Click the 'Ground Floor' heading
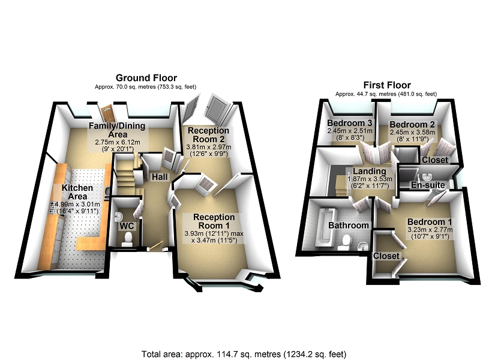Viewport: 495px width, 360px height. [x=146, y=78]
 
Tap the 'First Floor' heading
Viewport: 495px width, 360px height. [x=386, y=85]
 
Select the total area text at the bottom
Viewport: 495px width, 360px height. [x=244, y=354]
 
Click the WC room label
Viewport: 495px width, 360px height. [x=127, y=226]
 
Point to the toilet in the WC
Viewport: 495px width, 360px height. [x=127, y=239]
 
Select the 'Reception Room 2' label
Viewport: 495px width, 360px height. [x=208, y=134]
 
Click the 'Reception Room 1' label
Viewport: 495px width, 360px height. [x=213, y=221]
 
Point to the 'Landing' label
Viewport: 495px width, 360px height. [x=369, y=172]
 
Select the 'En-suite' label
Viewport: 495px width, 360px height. [x=428, y=185]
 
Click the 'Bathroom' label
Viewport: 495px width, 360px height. [x=348, y=225]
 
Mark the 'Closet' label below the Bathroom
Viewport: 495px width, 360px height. [x=385, y=256]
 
